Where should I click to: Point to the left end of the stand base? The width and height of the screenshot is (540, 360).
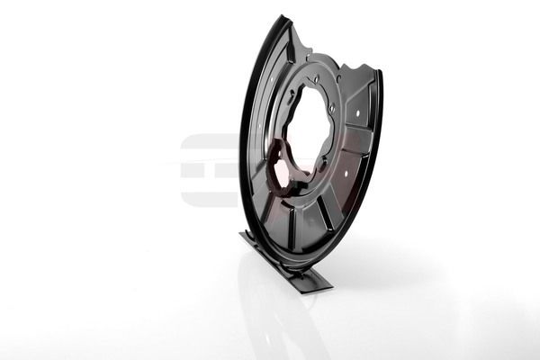243,236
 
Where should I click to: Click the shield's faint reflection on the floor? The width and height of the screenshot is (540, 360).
279,315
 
